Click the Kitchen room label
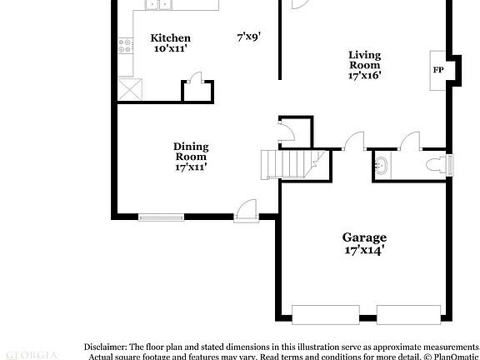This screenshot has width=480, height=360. coord(170,37)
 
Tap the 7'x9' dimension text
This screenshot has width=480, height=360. coord(248,37)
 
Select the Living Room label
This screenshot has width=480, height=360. coord(364,60)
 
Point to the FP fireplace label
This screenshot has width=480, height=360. coord(437,69)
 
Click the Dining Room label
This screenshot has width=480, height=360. coord(191,151)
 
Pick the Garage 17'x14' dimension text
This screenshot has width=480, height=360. coord(364,249)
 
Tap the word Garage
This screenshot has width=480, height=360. coord(364,237)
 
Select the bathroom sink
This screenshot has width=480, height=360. coord(382,165)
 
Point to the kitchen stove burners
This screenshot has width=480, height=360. coord(125,47)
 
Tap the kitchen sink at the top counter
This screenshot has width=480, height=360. coord(157,5)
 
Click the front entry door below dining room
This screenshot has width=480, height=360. coord(247,212)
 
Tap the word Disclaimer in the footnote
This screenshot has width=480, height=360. coord(104,346)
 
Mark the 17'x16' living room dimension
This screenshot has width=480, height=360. coord(364,75)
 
